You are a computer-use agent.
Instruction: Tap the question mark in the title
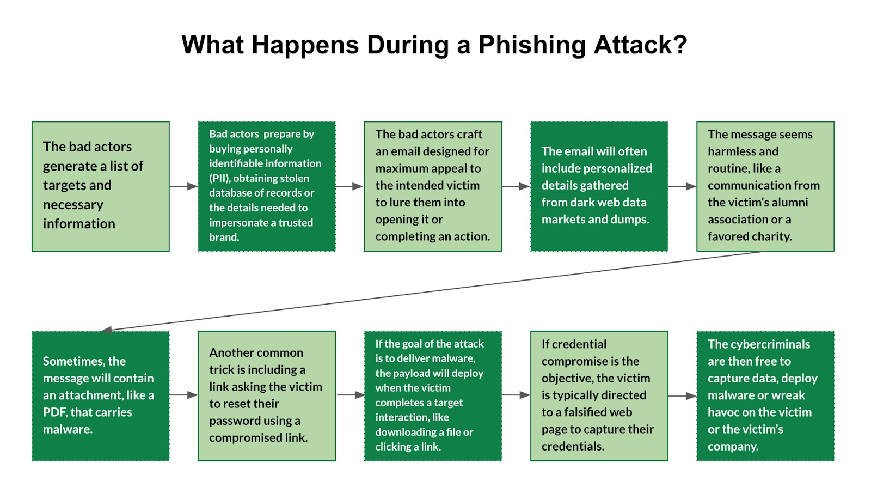click(680, 45)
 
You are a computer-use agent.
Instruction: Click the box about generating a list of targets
click(101, 186)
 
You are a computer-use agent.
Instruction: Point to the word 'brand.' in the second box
click(224, 237)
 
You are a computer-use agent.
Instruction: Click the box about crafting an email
click(433, 186)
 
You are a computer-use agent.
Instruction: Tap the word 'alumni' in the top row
click(790, 203)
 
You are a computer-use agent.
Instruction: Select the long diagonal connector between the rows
click(436, 290)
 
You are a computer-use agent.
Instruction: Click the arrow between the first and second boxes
click(183, 186)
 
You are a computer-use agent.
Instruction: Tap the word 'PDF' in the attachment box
click(55, 412)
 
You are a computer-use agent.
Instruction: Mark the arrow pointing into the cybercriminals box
click(682, 396)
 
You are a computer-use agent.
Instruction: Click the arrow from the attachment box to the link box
click(183, 395)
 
